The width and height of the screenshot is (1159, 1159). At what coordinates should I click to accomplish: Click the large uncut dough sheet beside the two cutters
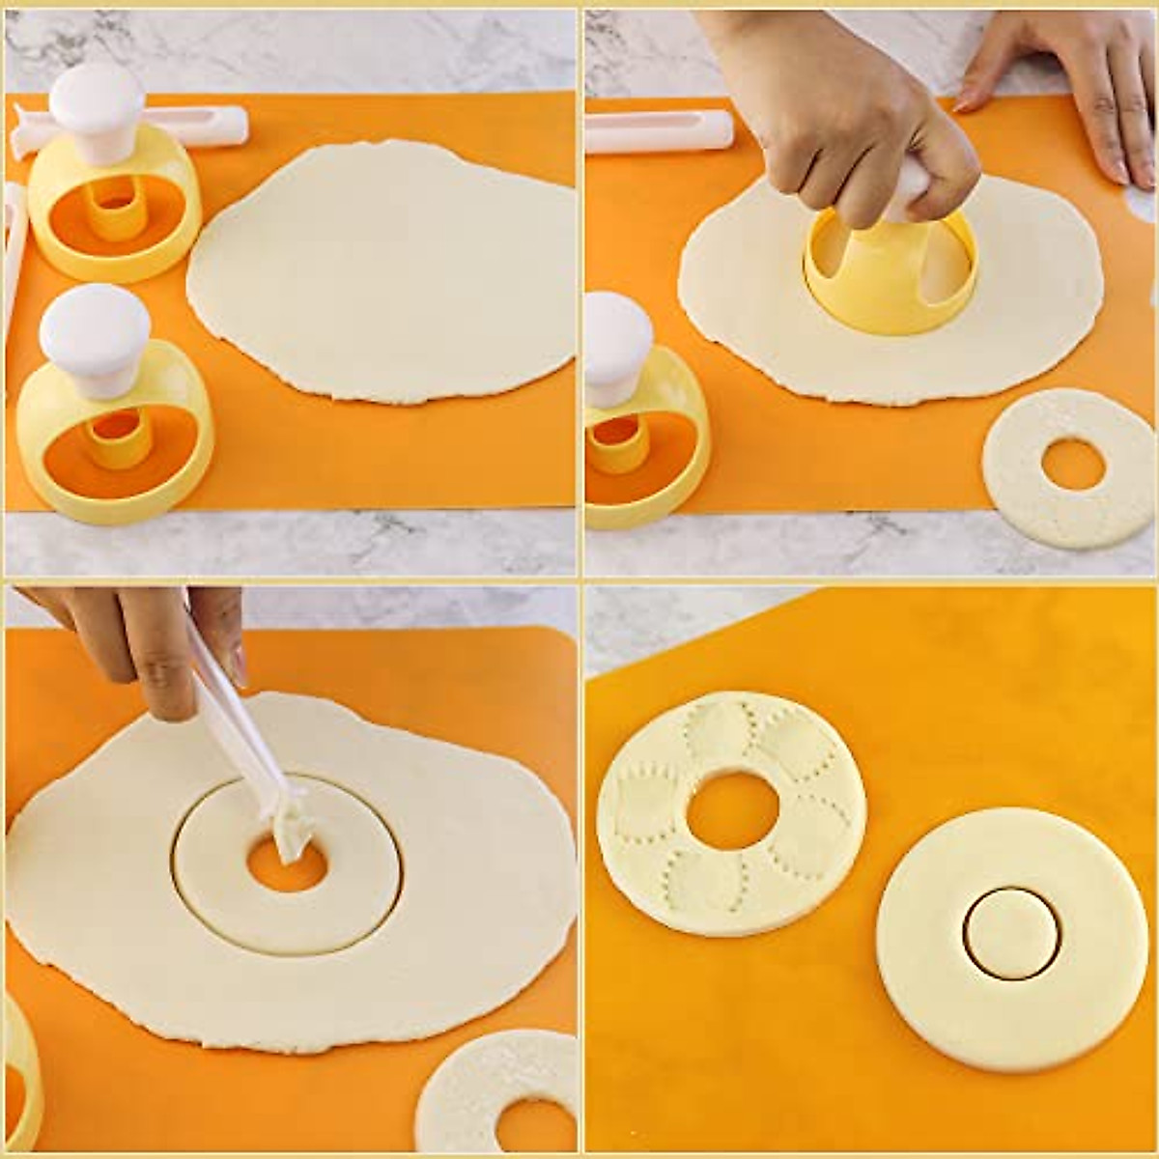386,270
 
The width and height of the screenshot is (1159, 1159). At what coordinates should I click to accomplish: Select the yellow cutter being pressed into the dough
889,280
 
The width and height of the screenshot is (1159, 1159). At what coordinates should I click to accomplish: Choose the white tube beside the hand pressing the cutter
657,130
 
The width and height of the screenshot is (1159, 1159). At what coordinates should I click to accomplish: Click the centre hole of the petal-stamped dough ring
731,812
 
